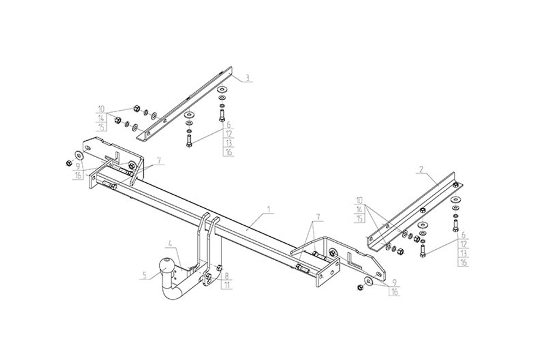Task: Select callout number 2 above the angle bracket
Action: click(x=420, y=170)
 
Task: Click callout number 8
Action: click(x=226, y=276)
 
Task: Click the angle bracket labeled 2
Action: click(x=414, y=210)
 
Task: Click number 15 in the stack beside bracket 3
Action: click(x=101, y=128)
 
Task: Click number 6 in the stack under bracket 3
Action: click(x=228, y=125)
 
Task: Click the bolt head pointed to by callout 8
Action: click(x=218, y=267)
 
